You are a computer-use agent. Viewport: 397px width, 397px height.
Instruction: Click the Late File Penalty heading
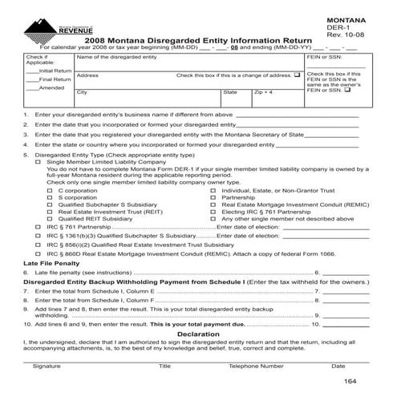pos(51,263)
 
